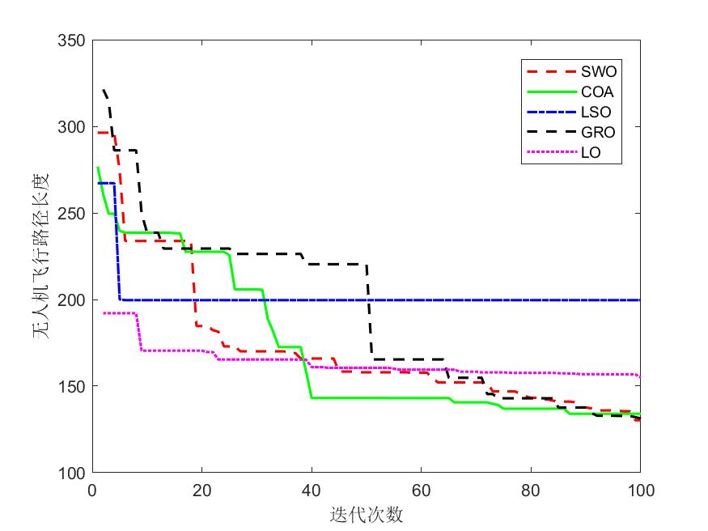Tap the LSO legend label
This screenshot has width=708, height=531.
(585, 112)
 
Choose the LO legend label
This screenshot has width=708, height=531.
(581, 152)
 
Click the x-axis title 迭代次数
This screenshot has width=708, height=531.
(366, 514)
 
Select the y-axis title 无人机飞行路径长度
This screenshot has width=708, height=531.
(43, 256)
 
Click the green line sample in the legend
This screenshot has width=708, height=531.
(543, 91)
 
